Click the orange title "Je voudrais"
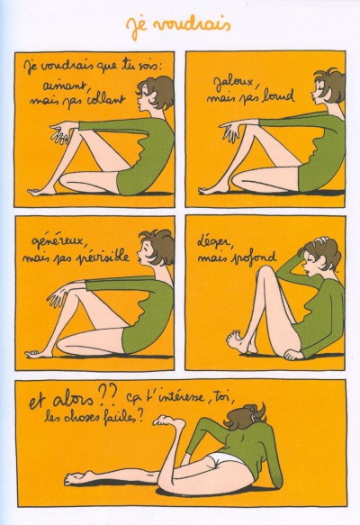178,26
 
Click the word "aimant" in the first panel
66,86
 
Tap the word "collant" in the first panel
105,98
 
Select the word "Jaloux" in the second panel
234,84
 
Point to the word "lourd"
278,95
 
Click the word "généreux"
61,242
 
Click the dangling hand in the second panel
230,131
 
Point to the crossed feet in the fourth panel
239,341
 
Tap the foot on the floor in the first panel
41,191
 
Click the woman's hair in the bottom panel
246,417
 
